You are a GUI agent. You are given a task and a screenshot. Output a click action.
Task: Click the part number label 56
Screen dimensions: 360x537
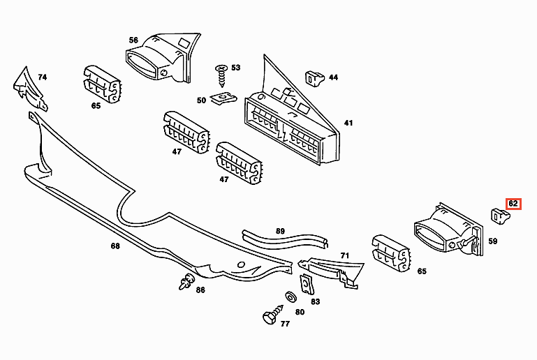(x=133, y=40)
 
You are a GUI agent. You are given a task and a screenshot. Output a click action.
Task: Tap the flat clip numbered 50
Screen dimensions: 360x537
(x=225, y=99)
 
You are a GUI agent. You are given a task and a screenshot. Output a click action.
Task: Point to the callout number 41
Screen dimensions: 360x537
(x=348, y=123)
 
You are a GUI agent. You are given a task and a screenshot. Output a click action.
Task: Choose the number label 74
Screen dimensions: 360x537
(x=42, y=77)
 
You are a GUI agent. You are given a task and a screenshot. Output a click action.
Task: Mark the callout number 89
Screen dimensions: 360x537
(x=280, y=231)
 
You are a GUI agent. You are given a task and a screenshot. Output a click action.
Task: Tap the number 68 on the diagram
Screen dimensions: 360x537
(x=115, y=246)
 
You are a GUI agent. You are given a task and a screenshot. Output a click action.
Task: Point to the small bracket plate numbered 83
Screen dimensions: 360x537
(x=305, y=283)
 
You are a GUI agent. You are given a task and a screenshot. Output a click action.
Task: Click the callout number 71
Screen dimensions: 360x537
(x=344, y=257)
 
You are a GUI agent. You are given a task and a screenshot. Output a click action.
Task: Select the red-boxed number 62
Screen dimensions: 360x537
(x=513, y=204)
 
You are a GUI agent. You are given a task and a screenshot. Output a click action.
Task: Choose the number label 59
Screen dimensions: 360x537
(x=493, y=241)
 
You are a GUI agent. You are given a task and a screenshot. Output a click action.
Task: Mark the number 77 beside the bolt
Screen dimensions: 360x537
(x=285, y=324)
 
